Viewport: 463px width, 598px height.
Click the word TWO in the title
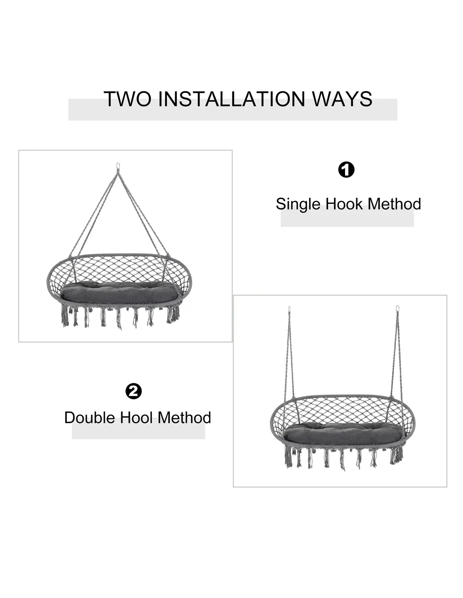pos(127,99)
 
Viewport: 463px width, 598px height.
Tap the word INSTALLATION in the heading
pos(231,99)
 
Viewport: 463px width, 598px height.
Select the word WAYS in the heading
pos(342,99)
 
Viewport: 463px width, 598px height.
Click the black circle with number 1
pos(346,170)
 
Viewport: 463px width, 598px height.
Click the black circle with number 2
pos(133,391)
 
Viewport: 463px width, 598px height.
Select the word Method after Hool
pos(184,418)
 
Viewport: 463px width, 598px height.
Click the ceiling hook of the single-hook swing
pos(118,166)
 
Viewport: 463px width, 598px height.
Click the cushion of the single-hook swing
pos(121,292)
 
